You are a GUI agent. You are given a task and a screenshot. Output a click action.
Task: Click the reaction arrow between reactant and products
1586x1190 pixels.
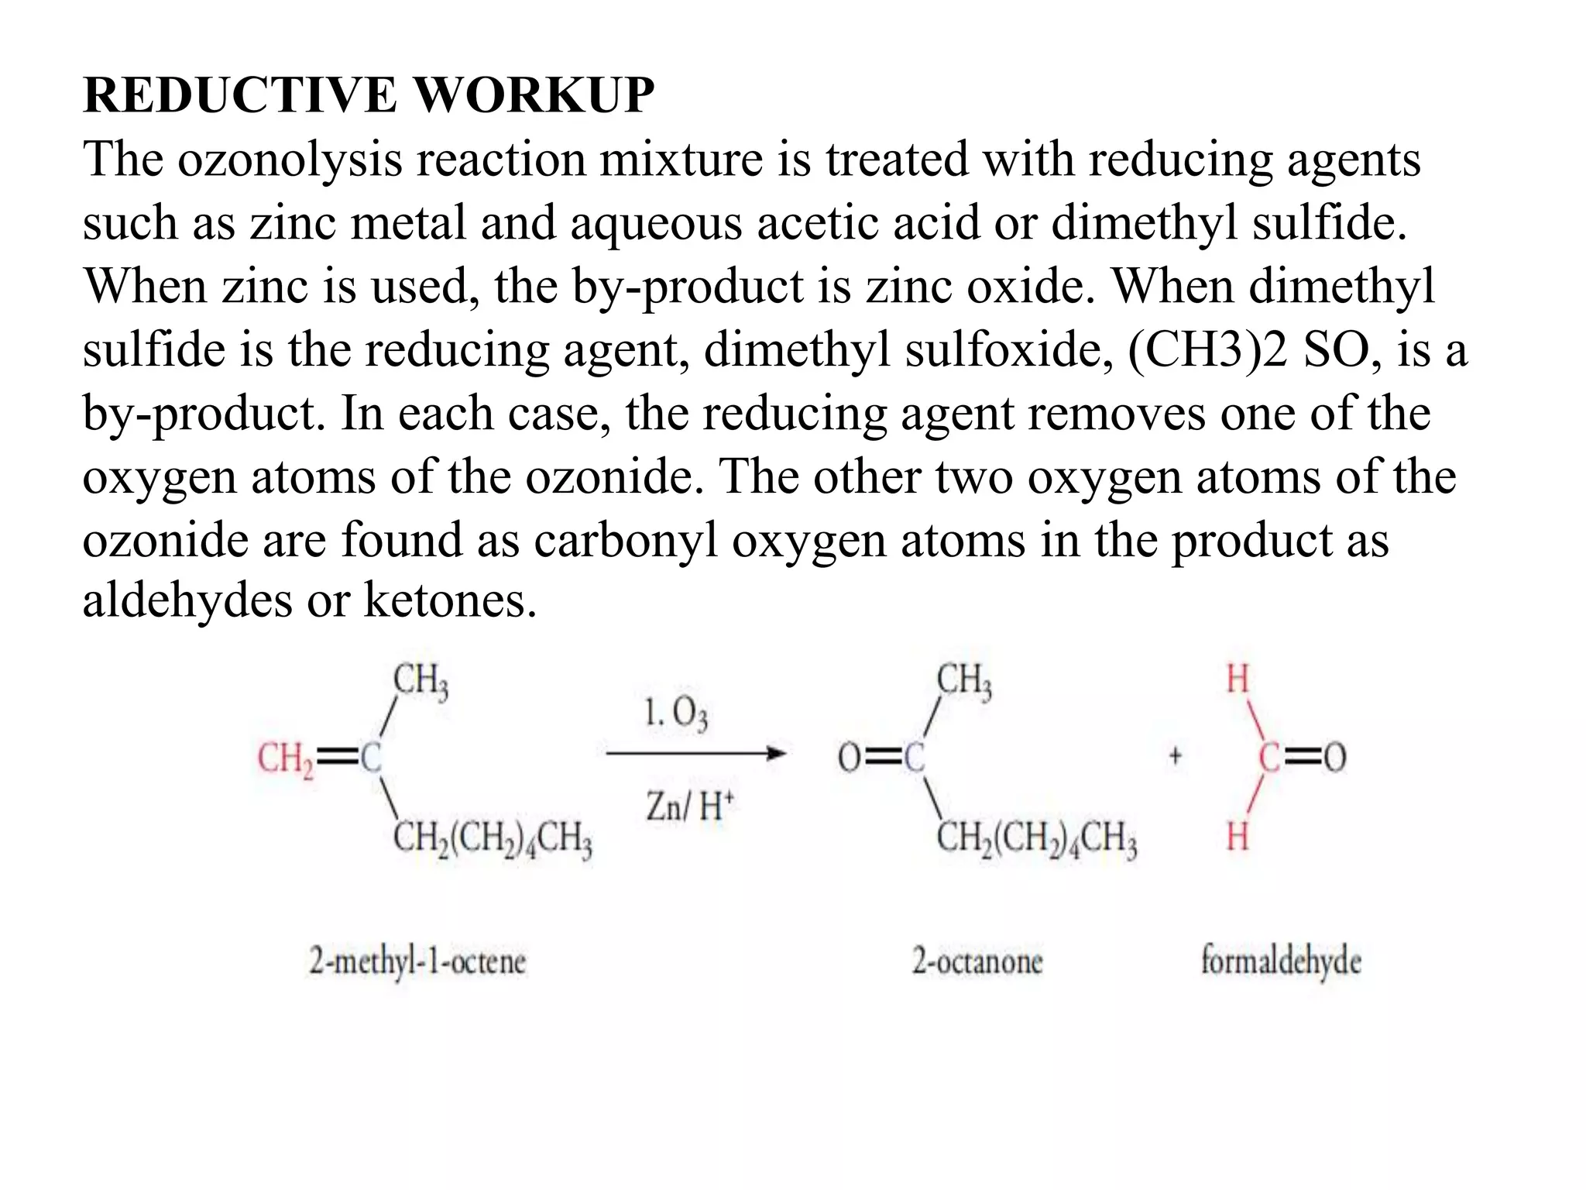point(695,753)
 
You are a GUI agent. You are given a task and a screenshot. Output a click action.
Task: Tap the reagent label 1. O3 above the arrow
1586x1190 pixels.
point(675,713)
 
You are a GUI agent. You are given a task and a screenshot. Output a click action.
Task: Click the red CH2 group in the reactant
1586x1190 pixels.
point(285,758)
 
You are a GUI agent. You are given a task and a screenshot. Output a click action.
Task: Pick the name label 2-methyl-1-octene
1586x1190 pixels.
point(417,962)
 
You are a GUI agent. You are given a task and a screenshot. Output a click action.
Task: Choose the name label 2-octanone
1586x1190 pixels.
point(977,962)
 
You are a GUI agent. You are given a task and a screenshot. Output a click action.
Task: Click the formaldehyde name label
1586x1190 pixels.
point(1281,961)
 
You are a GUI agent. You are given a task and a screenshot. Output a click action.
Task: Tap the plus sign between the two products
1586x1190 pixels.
point(1175,755)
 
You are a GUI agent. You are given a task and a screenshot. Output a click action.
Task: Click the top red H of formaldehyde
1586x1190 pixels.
point(1238,679)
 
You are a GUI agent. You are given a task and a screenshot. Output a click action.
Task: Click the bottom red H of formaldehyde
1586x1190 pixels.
point(1238,837)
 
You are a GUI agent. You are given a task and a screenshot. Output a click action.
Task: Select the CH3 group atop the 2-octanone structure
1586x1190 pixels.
point(964,682)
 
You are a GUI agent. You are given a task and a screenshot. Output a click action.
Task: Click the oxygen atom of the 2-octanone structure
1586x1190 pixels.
point(850,757)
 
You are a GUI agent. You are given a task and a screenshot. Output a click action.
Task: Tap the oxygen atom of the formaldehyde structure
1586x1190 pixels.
point(1334,757)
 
